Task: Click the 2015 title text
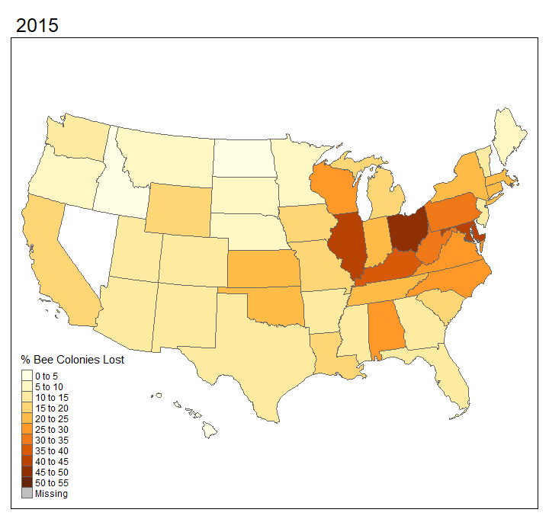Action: click(37, 24)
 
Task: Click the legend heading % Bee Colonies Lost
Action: click(72, 360)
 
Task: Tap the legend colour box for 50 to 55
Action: click(27, 482)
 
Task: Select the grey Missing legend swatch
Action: click(27, 493)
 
